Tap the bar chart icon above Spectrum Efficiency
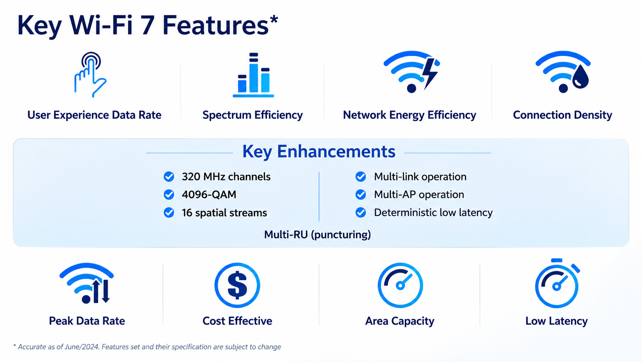(253, 75)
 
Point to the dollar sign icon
(237, 285)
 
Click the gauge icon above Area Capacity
(400, 285)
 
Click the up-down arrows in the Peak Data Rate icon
(101, 291)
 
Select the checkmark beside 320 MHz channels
(169, 177)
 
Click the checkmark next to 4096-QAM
(169, 195)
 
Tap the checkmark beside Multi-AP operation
(361, 195)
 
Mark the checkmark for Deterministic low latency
(361, 213)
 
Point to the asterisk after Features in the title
(274, 19)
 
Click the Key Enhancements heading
(319, 152)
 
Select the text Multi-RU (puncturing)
(317, 235)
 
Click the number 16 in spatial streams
(187, 213)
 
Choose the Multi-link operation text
(420, 177)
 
